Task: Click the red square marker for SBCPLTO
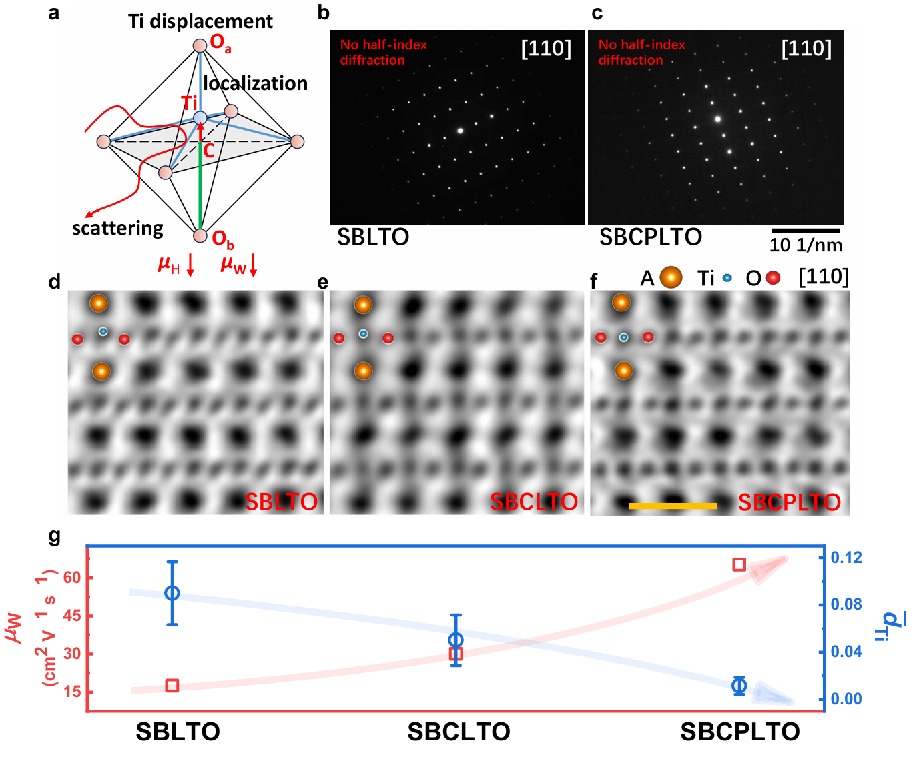coord(739,565)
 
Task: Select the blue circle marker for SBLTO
coord(172,593)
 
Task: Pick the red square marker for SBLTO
coord(172,685)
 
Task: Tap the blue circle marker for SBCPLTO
coord(739,685)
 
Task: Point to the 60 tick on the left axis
coord(72,578)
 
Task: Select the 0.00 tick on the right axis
coord(846,699)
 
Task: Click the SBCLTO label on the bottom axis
coord(459,732)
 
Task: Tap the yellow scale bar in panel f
coord(673,506)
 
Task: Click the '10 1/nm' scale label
coord(806,245)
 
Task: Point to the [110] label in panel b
coord(546,49)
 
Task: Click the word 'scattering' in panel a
coord(117,228)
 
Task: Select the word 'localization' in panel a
coord(255,83)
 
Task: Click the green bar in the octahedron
coord(200,187)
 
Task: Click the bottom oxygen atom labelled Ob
coord(200,235)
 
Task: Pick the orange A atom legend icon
coord(671,277)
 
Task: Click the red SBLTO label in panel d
coord(281,502)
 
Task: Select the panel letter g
coord(55,536)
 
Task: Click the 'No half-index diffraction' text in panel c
coord(641,52)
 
